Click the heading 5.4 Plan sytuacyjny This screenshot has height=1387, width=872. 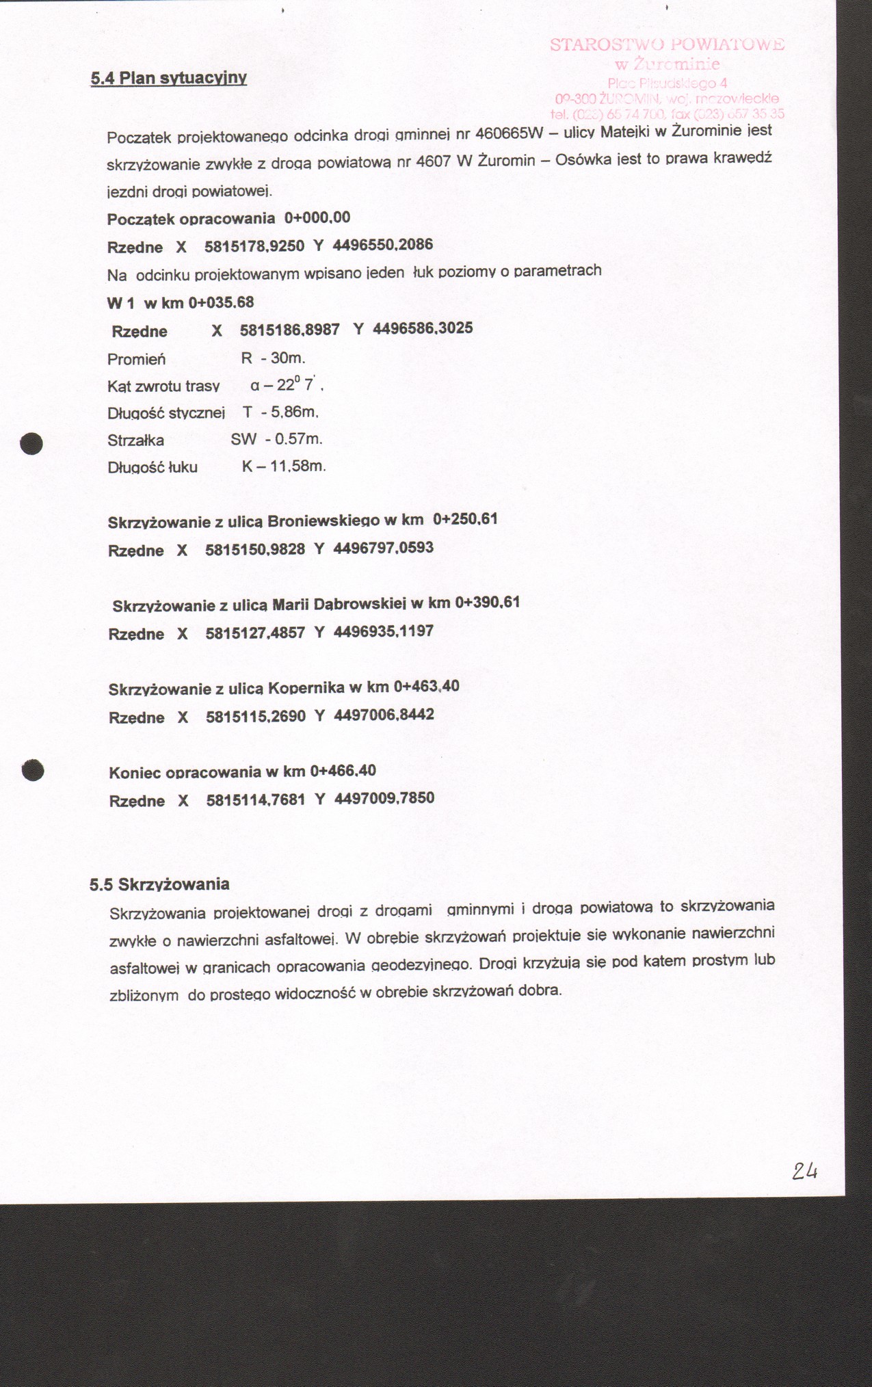(168, 78)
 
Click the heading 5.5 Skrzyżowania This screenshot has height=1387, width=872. (159, 884)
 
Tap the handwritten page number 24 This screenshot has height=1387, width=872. (805, 1171)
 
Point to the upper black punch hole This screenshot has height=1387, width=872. (32, 443)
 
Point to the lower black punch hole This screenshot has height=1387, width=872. (33, 769)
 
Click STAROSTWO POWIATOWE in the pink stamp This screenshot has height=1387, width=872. (667, 45)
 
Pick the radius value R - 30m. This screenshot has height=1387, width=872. (273, 358)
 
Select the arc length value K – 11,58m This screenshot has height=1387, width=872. (284, 466)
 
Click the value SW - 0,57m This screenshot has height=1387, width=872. (276, 439)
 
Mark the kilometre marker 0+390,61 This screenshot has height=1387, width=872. (488, 603)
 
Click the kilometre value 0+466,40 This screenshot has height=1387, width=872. (343, 771)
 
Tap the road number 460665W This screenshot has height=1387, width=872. (508, 132)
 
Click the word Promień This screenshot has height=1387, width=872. (136, 360)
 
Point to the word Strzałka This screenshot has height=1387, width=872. (135, 441)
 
